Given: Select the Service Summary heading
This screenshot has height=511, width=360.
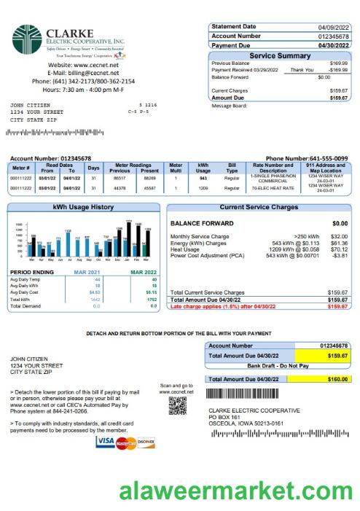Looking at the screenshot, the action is [280, 56].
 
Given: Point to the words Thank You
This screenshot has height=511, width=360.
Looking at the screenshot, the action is [302, 70].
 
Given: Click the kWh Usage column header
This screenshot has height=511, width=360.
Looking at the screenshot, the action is [203, 168].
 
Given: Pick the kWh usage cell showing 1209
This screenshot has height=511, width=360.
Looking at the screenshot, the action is [203, 188].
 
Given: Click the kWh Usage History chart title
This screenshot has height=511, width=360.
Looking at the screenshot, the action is [84, 208].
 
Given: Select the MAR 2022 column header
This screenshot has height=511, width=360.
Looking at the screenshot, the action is [143, 272].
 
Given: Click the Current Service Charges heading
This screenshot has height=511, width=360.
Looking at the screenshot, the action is [259, 208].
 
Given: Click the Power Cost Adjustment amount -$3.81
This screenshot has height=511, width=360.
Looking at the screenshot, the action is [339, 257].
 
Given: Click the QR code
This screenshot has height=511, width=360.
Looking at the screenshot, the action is [177, 405].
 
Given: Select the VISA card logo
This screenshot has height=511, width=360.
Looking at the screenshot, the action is [105, 442].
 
